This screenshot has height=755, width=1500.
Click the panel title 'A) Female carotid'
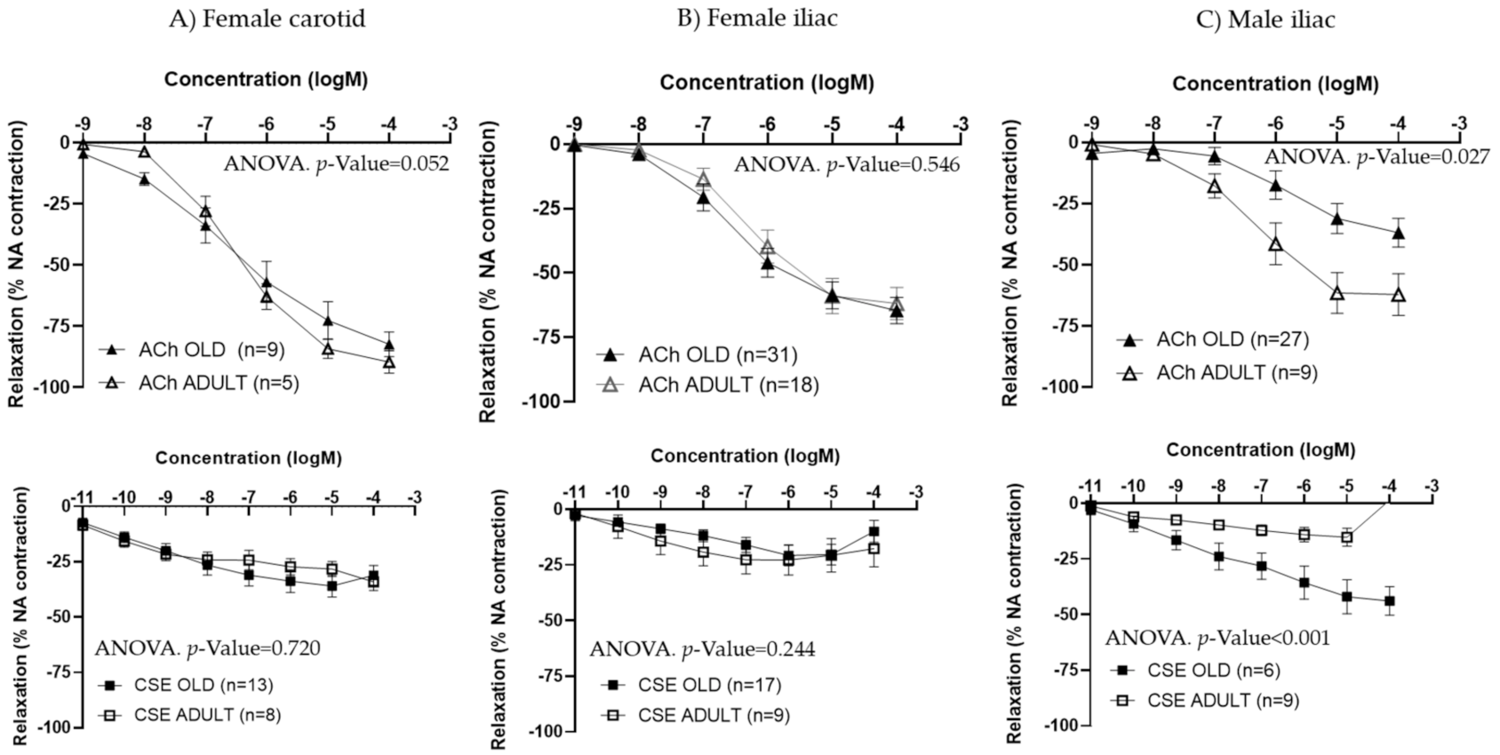coord(267,20)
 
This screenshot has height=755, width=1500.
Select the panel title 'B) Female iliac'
coord(757,19)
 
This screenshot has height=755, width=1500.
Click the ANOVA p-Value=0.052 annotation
coord(336,163)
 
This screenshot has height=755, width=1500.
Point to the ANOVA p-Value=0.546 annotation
coord(846,165)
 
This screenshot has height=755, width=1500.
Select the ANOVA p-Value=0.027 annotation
coord(1377,157)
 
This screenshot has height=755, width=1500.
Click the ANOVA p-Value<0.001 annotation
coord(1217,639)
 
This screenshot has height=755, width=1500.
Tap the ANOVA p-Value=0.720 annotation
coord(207,648)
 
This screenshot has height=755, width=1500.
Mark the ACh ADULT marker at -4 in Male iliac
coord(1398,295)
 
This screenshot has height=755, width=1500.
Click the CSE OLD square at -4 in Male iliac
coord(1389,601)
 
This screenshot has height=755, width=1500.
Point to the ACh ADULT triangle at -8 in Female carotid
coord(144,152)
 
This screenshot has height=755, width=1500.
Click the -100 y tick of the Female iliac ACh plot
coord(542,401)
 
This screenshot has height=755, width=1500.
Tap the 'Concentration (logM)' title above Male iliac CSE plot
coord(1260,450)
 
